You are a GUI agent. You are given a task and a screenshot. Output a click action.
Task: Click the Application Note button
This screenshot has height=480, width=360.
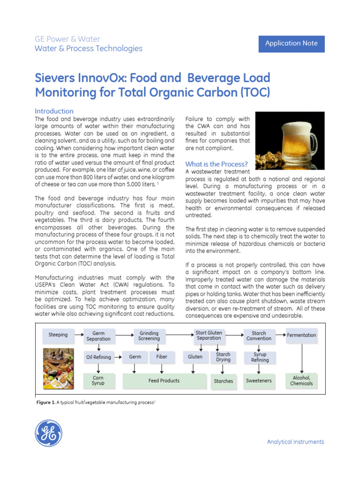click(x=292, y=44)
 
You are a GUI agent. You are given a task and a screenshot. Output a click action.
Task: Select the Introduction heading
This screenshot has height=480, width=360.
click(x=54, y=111)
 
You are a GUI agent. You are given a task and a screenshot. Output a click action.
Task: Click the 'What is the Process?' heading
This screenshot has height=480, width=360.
click(x=217, y=164)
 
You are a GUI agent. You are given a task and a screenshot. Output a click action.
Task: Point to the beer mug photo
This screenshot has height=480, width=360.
click(x=290, y=141)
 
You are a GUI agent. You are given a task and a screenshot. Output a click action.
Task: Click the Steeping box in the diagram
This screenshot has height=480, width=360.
click(x=58, y=335)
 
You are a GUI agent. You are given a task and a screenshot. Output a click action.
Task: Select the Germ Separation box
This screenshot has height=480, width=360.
click(x=98, y=336)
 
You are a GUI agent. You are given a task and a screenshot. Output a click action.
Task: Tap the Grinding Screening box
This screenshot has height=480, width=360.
click(x=149, y=336)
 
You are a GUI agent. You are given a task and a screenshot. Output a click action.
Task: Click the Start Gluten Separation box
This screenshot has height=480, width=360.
click(x=209, y=336)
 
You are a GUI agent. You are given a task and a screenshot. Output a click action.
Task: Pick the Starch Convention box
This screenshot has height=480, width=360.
click(x=259, y=336)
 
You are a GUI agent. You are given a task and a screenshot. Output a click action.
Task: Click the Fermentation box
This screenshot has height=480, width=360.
click(x=301, y=335)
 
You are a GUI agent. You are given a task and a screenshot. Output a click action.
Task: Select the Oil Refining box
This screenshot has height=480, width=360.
click(x=98, y=357)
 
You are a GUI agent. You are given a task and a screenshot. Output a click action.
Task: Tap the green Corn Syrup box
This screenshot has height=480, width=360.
click(x=98, y=380)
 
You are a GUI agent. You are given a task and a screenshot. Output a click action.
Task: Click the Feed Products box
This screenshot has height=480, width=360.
click(x=164, y=381)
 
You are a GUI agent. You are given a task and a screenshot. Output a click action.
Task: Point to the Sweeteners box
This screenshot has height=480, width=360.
click(x=259, y=381)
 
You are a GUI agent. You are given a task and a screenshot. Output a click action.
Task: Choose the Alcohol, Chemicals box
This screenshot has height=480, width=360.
click(x=301, y=380)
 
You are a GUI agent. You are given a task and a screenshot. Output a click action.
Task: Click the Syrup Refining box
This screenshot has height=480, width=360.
click(x=260, y=357)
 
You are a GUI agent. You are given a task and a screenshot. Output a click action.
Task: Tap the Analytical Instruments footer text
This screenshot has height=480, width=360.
click(x=295, y=442)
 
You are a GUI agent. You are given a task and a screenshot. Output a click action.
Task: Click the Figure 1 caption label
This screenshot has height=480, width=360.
click(x=45, y=403)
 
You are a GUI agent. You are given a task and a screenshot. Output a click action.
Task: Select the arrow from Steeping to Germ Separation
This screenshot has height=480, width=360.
click(x=77, y=335)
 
